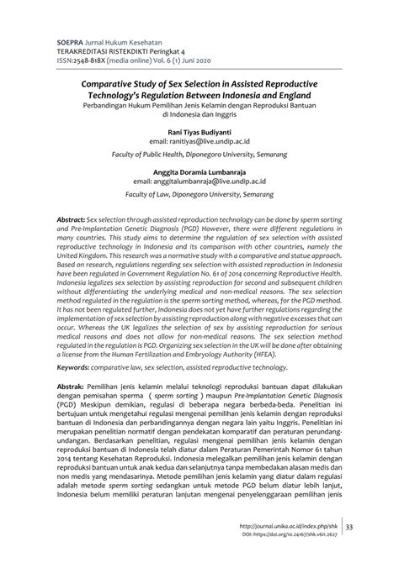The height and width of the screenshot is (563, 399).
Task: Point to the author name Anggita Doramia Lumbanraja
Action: point(199,170)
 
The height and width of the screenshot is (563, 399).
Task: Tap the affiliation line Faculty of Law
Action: point(199,195)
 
